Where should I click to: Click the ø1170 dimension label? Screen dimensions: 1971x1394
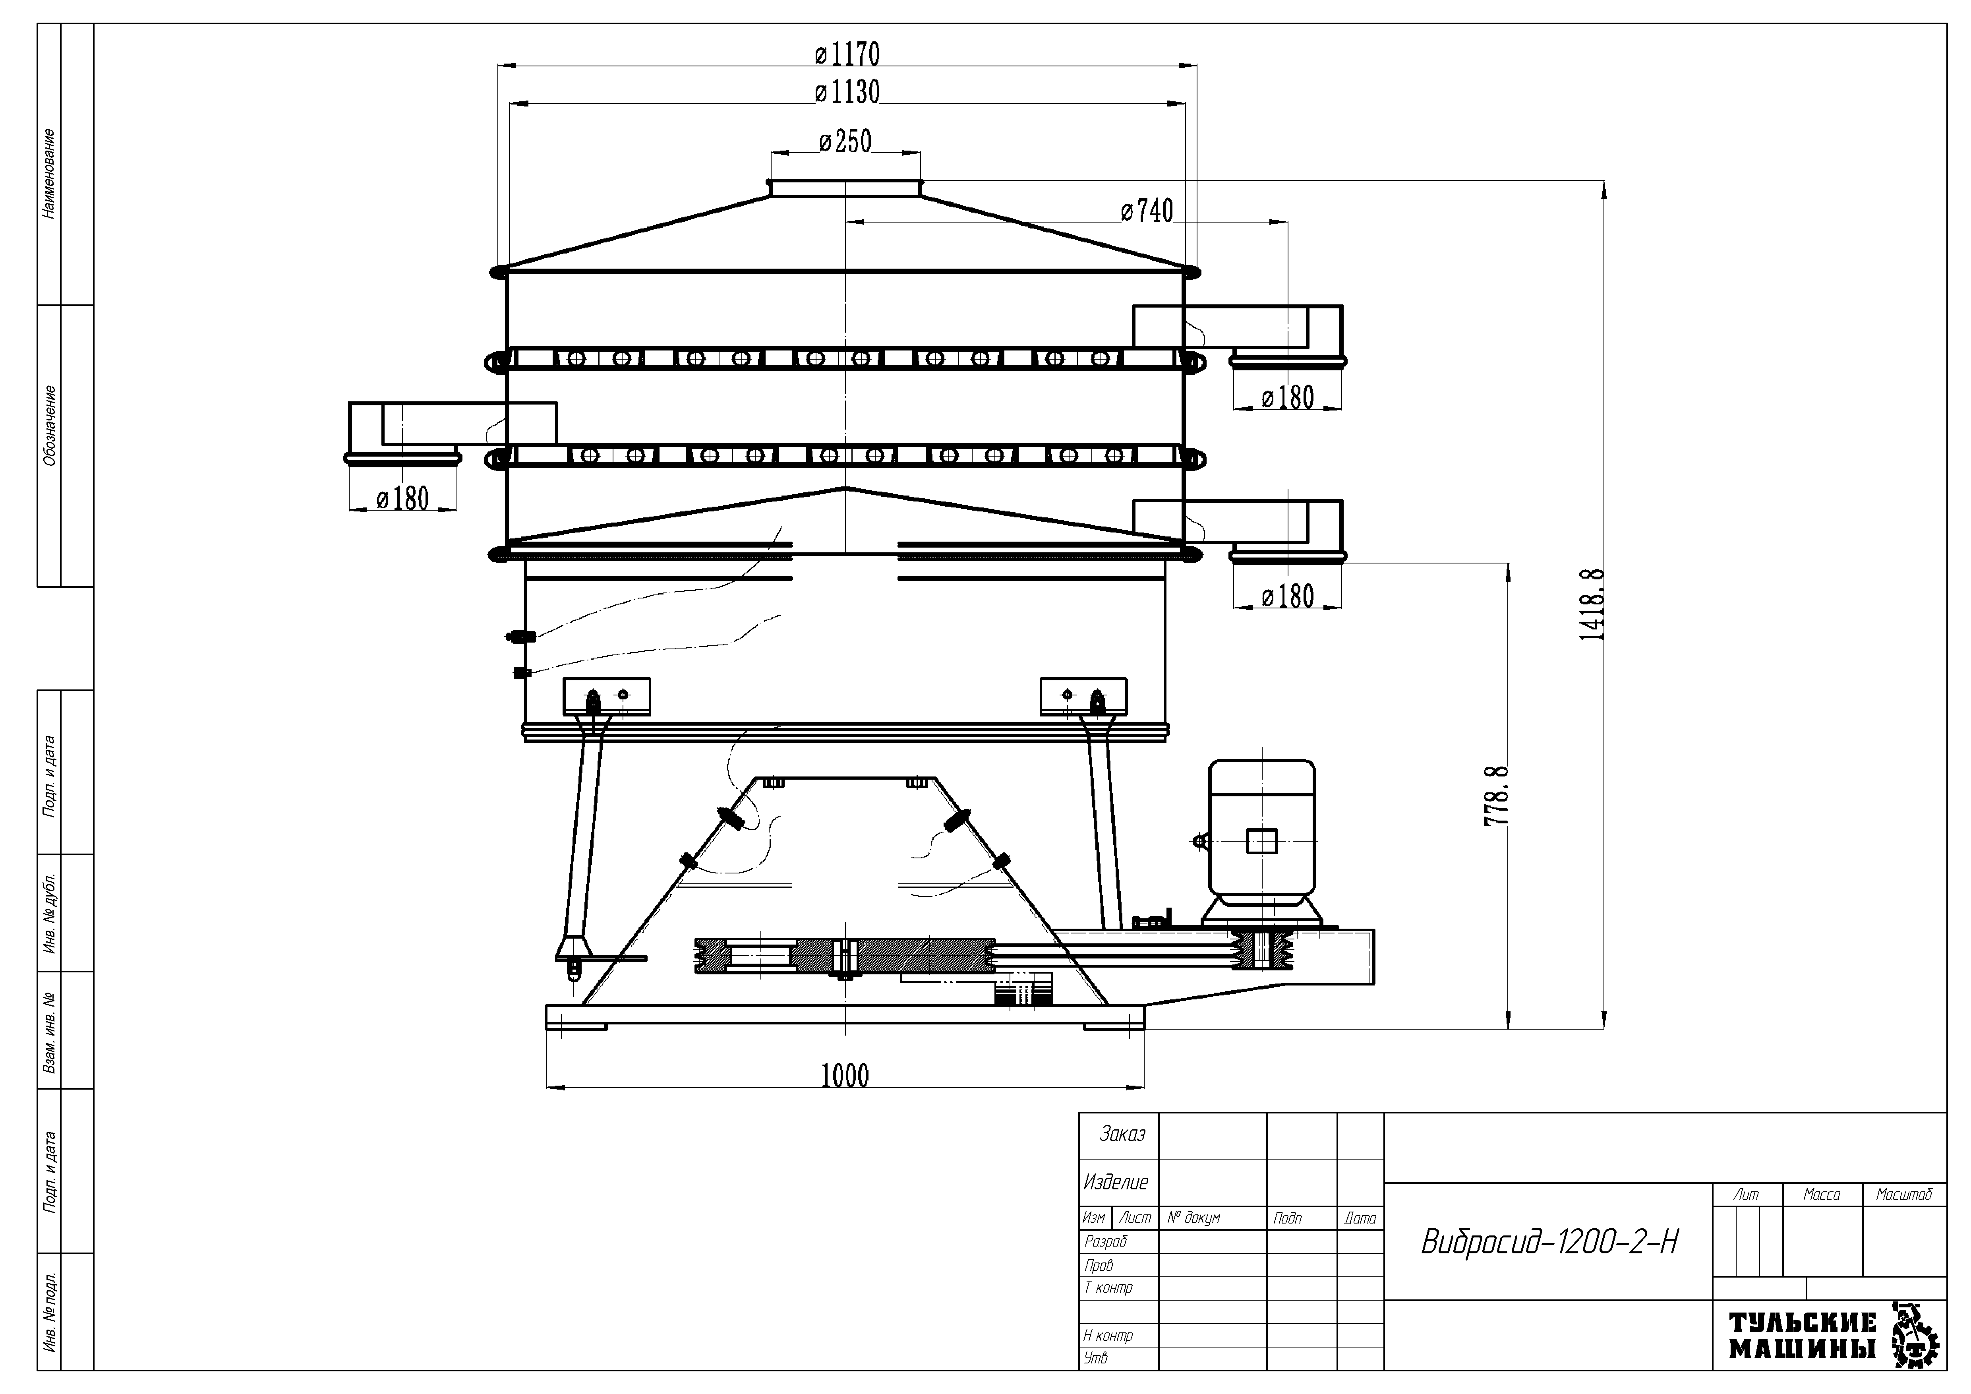pyautogui.click(x=847, y=54)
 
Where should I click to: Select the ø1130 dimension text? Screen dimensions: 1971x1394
pyautogui.click(x=847, y=92)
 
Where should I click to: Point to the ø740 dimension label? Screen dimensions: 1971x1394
pyautogui.click(x=1147, y=210)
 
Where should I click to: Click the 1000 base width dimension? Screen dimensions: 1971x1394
pyautogui.click(x=845, y=1076)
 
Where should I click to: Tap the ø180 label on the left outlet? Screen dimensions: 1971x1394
pyautogui.click(x=402, y=499)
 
